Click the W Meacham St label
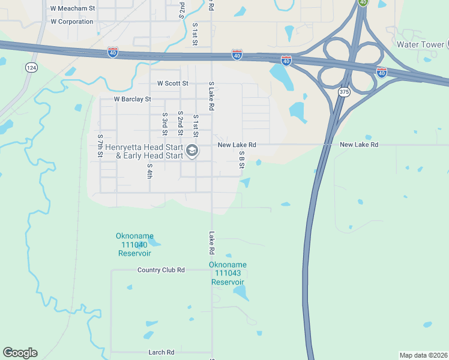(x=73, y=8)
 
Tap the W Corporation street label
(x=72, y=22)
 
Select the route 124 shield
(x=31, y=68)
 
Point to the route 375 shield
(x=343, y=92)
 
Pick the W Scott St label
(x=173, y=83)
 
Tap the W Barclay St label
(x=133, y=99)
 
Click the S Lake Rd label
(x=211, y=96)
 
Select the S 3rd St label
(x=164, y=123)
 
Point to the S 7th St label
(x=100, y=146)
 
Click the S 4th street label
(x=149, y=171)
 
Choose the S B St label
(x=242, y=159)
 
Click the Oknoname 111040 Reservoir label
(x=133, y=245)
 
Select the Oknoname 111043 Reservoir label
(x=228, y=273)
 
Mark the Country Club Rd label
(x=161, y=270)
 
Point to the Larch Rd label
(x=161, y=352)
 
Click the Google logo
(x=20, y=353)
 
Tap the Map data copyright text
(x=423, y=355)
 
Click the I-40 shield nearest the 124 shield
(x=113, y=52)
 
